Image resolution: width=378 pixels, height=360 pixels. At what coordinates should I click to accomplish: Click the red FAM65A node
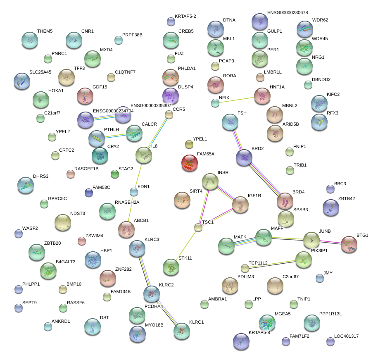click(x=190, y=163)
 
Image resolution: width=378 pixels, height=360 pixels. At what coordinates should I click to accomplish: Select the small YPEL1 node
click(x=189, y=144)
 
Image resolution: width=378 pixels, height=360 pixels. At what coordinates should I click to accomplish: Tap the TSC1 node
click(x=199, y=227)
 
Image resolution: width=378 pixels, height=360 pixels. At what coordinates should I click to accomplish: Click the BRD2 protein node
click(x=244, y=157)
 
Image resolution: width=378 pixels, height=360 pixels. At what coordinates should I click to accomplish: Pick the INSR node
click(x=210, y=181)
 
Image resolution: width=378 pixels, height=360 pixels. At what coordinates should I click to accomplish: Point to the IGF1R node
click(x=240, y=205)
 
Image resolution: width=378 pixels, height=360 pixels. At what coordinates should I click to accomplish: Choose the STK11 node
click(x=171, y=267)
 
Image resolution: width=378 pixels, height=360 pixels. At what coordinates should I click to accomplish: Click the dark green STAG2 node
click(x=115, y=174)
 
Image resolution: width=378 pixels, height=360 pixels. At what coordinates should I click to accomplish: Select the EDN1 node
click(x=134, y=192)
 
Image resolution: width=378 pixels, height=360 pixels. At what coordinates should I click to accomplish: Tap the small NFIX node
click(x=215, y=103)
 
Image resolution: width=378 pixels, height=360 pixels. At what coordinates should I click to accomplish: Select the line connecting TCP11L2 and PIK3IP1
click(x=273, y=264)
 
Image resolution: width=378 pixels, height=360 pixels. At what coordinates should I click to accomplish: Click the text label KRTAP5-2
click(x=185, y=16)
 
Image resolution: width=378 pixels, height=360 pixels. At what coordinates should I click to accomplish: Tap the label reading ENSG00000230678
click(x=288, y=13)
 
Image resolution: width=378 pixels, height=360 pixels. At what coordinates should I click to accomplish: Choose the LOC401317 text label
click(x=346, y=336)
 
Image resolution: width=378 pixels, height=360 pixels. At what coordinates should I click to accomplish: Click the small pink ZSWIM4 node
click(x=82, y=241)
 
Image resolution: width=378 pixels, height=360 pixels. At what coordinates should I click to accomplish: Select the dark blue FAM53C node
click(x=88, y=192)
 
